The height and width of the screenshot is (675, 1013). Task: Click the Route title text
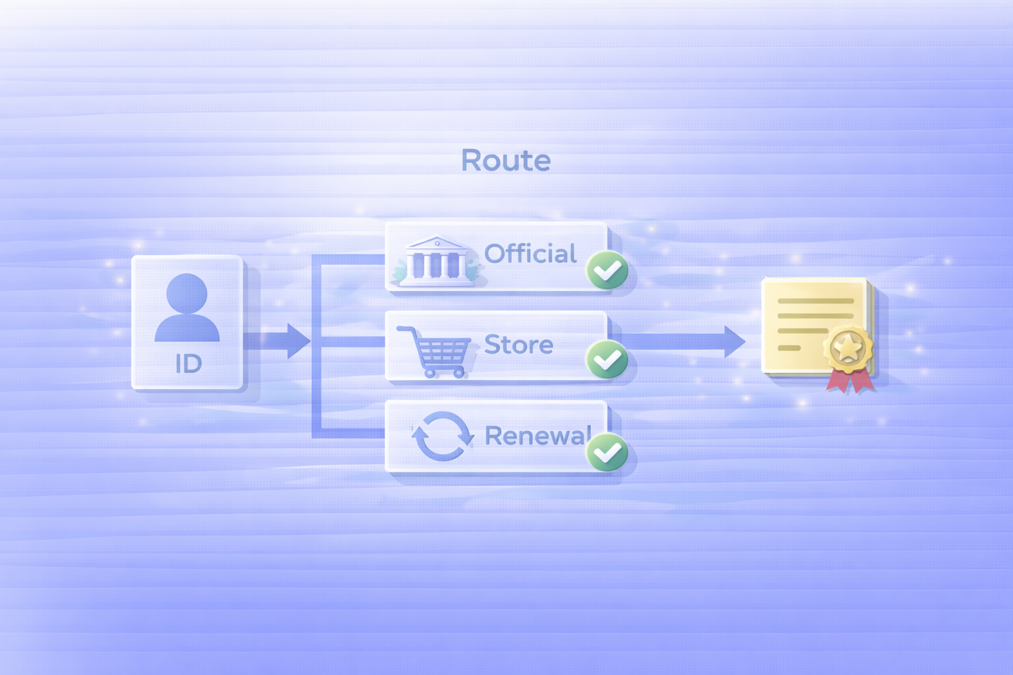[x=506, y=160]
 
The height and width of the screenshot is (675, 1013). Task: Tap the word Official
[x=530, y=254]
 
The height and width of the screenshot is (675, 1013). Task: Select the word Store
[x=518, y=345]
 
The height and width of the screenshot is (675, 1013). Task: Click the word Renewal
[x=537, y=436]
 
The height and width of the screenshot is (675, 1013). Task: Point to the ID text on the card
[x=188, y=363]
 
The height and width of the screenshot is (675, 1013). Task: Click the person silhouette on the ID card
[x=187, y=308]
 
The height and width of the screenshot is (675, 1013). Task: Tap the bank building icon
[x=436, y=262]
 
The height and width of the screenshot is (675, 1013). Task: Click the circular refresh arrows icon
[x=443, y=436]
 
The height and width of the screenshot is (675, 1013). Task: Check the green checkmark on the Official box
[x=607, y=270]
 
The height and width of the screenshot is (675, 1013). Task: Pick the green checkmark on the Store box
[x=607, y=359]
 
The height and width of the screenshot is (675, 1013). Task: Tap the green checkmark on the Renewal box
[x=607, y=452]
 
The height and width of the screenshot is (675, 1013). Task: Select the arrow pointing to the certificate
[x=686, y=341]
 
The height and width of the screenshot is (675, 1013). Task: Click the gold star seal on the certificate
[x=848, y=347]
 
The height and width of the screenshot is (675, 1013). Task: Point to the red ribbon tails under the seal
[x=851, y=381]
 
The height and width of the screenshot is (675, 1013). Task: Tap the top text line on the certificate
[x=815, y=301]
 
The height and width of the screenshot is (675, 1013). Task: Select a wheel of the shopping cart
[x=429, y=373]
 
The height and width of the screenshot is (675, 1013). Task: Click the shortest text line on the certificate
[x=789, y=347]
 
